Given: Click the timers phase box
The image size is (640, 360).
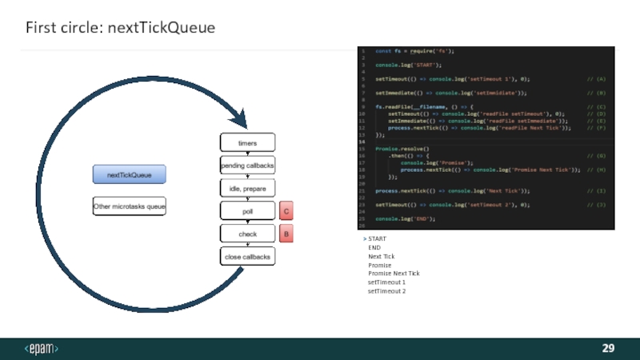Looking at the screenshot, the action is [x=247, y=142].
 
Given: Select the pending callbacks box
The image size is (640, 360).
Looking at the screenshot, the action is [x=247, y=166].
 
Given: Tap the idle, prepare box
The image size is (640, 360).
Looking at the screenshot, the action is [x=247, y=188].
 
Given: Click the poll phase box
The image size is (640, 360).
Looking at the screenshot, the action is [x=247, y=211].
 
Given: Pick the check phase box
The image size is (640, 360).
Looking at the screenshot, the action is [x=247, y=234].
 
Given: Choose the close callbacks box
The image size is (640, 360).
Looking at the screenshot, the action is [x=247, y=257].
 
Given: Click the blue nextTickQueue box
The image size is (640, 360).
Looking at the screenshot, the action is [x=129, y=174].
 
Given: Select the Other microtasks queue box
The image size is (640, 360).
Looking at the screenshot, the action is [x=129, y=206].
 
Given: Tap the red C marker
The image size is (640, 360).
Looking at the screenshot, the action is [x=286, y=211].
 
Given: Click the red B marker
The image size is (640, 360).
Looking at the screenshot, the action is [x=286, y=234].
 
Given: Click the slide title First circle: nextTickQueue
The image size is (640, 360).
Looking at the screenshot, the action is [x=120, y=28].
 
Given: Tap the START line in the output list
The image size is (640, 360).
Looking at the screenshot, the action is [x=377, y=239].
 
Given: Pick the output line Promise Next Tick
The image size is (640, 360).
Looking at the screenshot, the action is [x=394, y=274].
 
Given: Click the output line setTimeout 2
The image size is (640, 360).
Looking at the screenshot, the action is [x=386, y=291].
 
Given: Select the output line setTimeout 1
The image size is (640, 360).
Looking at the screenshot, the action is [x=386, y=282].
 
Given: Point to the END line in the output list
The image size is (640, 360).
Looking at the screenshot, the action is [x=374, y=248].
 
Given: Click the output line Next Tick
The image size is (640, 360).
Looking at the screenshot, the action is [x=382, y=256].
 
